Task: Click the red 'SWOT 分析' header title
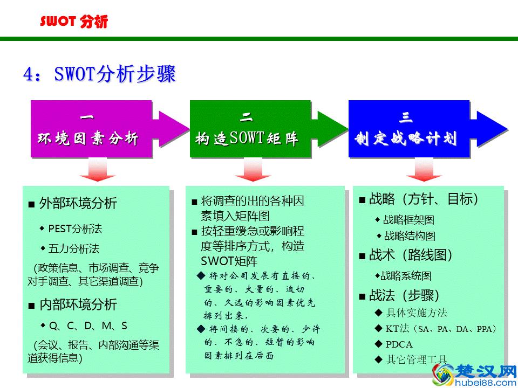(74, 22)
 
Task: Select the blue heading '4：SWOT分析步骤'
(99, 74)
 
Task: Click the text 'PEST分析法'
(75, 228)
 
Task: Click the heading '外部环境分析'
(78, 204)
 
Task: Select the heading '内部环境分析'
(78, 304)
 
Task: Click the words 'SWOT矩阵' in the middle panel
(221, 261)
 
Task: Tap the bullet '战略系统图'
(406, 276)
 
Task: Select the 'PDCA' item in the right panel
(399, 344)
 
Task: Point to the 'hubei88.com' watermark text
(482, 383)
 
